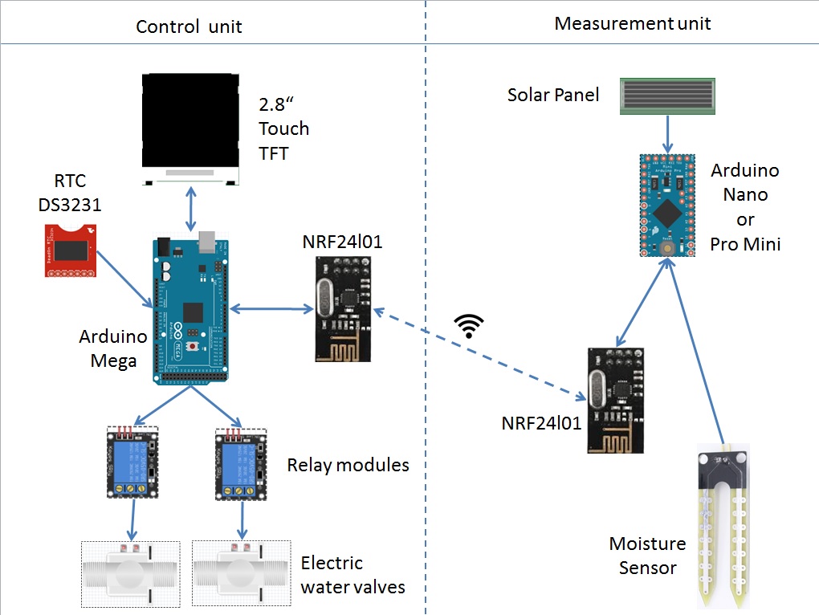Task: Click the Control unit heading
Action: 189,26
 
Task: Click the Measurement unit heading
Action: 633,23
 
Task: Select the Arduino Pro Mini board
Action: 666,206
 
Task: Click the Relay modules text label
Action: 348,465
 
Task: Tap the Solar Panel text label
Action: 553,95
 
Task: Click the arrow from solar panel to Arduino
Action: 667,132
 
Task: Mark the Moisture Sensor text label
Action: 647,556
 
